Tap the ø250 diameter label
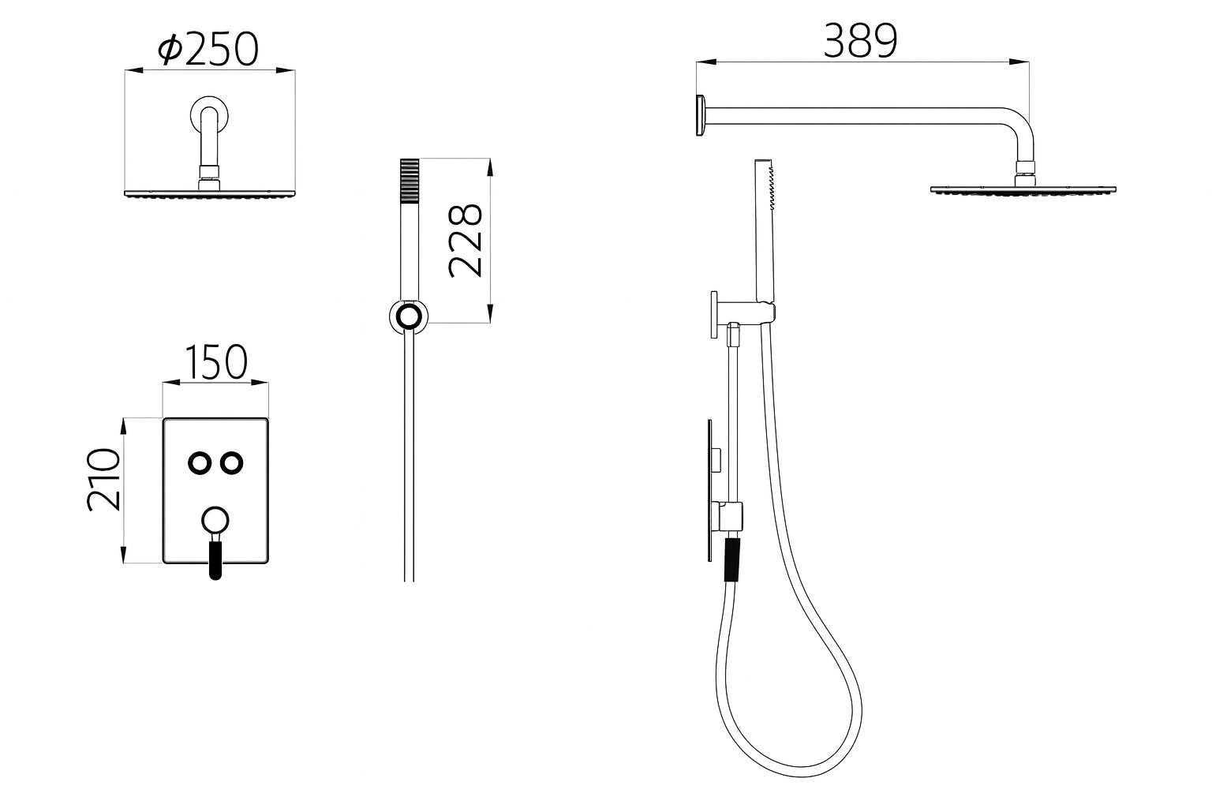pos(208,50)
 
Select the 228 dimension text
pos(465,240)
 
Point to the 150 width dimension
pos(215,362)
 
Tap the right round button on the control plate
pos(230,463)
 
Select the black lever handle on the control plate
pos(215,559)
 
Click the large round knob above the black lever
pos(215,520)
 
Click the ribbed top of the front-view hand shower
pos(410,181)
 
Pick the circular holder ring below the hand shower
pos(408,317)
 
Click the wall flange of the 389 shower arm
pos(700,116)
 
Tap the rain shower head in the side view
pos(1023,190)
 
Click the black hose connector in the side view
pos(732,559)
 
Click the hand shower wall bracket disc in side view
pos(713,314)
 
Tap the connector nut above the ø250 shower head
pos(209,175)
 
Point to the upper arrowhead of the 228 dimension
pos(490,166)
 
